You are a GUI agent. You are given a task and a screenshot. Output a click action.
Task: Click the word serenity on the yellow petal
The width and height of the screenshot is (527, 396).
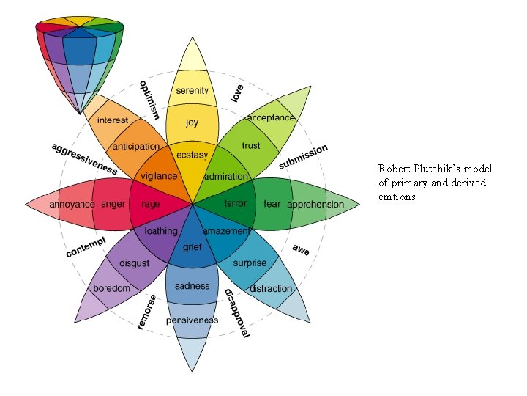[x=192, y=91]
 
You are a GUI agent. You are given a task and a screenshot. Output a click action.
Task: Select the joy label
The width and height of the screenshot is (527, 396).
[x=192, y=122]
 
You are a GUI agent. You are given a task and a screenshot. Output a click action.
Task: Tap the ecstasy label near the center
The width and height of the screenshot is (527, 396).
[x=193, y=155]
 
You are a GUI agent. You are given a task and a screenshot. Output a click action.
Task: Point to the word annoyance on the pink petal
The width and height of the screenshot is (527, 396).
[x=72, y=204]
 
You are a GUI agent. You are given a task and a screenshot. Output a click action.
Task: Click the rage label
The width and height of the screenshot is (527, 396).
[x=151, y=204]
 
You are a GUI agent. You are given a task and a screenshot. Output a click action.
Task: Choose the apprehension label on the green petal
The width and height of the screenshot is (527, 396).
[x=315, y=205]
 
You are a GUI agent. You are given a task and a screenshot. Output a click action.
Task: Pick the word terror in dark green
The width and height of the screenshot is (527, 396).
[x=235, y=203]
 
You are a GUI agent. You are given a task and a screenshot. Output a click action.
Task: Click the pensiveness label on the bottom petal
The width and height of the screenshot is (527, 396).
[x=192, y=320]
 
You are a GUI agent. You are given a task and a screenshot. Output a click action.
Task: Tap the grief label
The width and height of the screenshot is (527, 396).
[x=192, y=249]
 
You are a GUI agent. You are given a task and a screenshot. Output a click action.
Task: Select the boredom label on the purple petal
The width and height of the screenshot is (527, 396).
[x=111, y=288]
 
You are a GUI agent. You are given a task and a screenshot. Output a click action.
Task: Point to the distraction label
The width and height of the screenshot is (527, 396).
[x=271, y=289]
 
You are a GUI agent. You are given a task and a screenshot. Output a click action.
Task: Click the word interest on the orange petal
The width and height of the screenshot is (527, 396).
[x=113, y=120]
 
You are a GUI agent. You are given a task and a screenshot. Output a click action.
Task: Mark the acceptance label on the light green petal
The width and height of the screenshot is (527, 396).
[x=271, y=117]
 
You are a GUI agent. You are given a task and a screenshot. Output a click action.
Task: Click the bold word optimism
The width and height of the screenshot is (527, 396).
[x=149, y=100]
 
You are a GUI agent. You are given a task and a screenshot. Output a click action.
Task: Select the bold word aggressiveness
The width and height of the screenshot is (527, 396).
[x=83, y=158]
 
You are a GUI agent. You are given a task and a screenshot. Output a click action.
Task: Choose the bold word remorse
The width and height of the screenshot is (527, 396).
[x=146, y=312]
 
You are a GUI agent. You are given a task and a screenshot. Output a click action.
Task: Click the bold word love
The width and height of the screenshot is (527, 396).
[x=237, y=93]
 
